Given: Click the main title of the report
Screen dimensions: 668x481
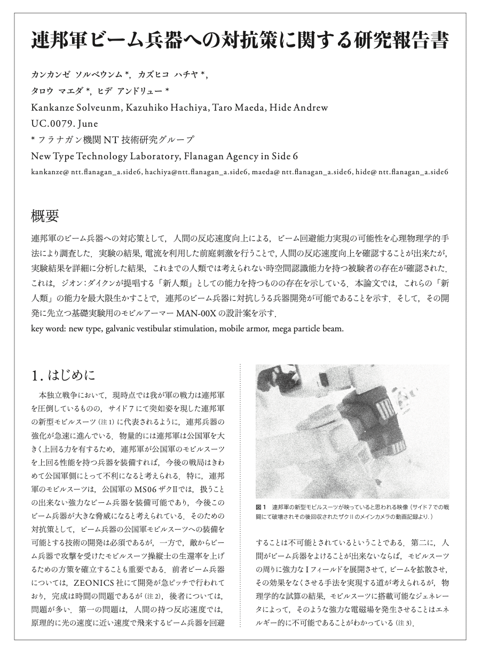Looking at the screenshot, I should coord(240,41).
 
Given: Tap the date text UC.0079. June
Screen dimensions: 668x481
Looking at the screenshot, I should coord(65,123).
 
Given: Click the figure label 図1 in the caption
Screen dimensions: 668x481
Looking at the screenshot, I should coord(261,506).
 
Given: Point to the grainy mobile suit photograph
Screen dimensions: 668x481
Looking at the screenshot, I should coord(352,431).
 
